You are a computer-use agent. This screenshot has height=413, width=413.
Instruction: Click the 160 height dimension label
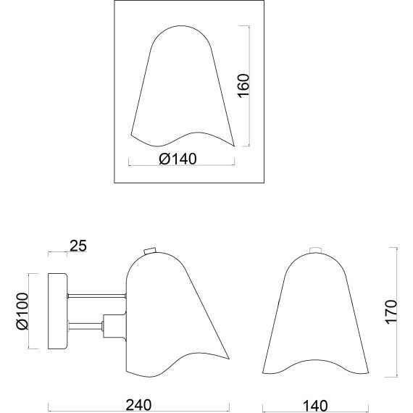pos(243,86)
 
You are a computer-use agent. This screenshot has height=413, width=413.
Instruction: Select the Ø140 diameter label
pos(178,159)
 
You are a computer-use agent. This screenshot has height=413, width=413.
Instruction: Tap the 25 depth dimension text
pos(78,246)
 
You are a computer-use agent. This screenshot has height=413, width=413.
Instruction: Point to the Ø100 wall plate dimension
pos(22,311)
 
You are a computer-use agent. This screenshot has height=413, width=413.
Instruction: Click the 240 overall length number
pos(138,405)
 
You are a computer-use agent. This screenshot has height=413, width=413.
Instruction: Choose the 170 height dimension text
pos(391,312)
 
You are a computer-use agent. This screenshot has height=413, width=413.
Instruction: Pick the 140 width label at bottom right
pos(315,406)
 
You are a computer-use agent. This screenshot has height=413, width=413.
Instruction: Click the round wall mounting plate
pos(58,312)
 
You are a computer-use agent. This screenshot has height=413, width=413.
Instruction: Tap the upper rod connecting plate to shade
pos(96,296)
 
